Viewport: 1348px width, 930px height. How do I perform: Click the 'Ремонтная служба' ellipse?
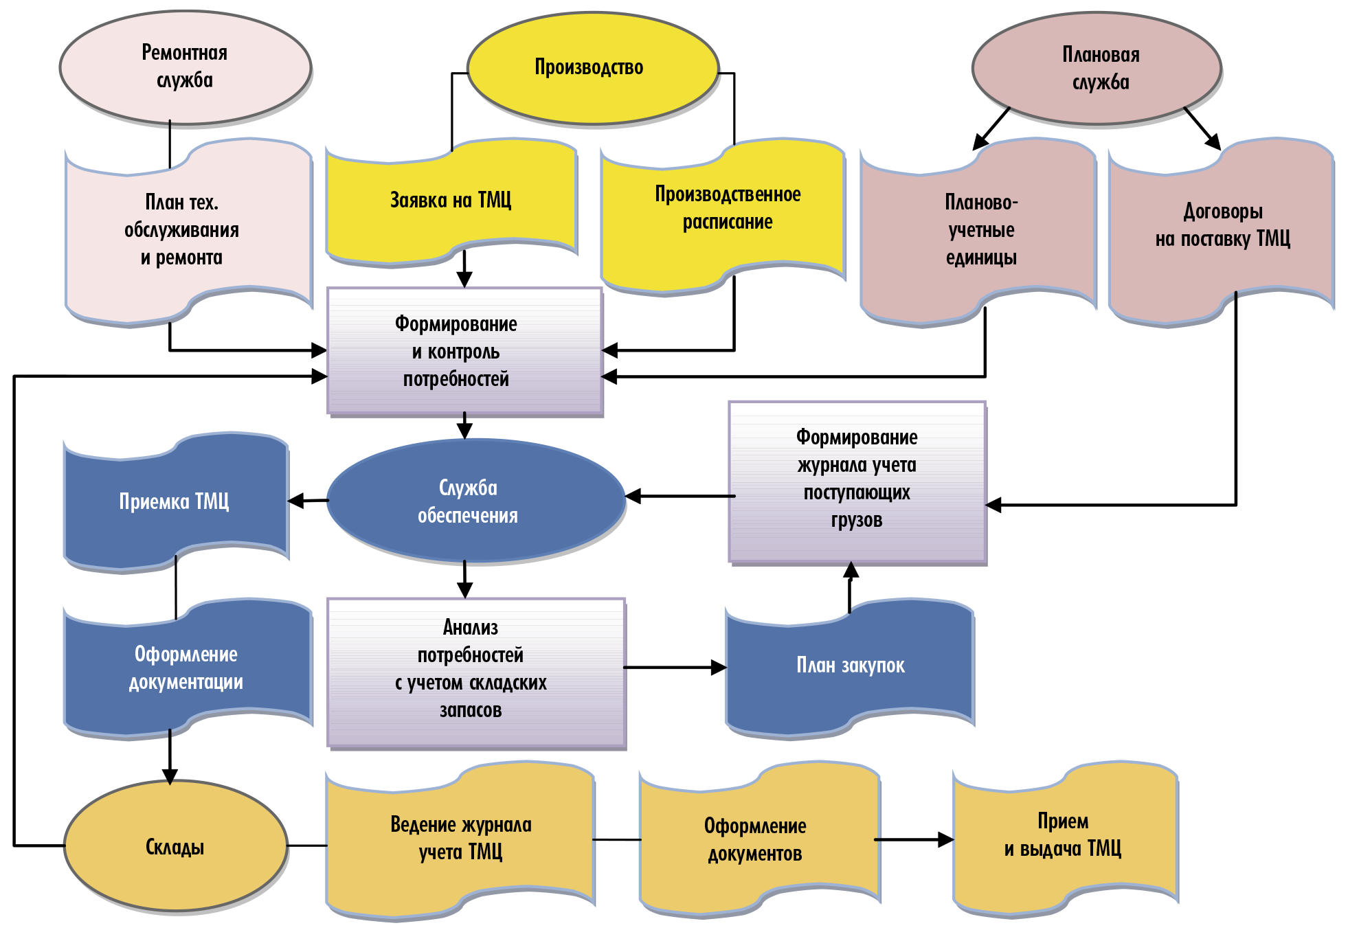point(185,67)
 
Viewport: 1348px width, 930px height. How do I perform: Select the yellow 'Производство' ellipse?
point(592,68)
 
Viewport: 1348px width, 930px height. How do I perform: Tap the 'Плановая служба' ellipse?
point(1097,68)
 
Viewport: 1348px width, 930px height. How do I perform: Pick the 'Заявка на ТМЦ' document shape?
point(451,201)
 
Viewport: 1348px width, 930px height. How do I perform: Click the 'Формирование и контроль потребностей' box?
point(464,350)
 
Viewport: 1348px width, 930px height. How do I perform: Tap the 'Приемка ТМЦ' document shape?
point(175,501)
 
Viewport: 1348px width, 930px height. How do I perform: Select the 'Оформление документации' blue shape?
point(186,668)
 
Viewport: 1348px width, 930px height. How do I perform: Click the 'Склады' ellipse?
point(175,846)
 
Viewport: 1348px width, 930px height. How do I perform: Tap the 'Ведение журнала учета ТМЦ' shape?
point(460,838)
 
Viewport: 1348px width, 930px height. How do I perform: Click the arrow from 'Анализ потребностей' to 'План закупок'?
point(673,667)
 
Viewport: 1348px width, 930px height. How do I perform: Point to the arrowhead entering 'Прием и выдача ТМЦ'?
point(945,839)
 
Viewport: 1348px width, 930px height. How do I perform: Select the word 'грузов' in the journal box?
point(857,520)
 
